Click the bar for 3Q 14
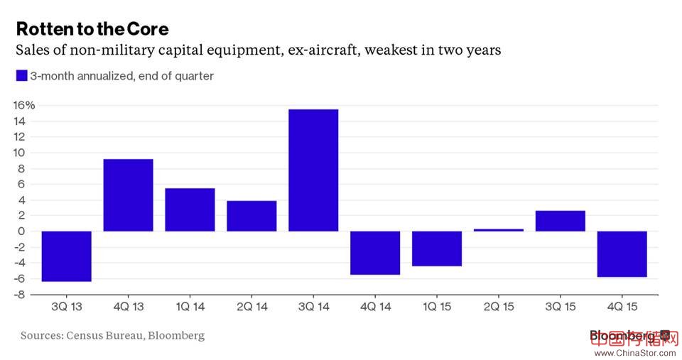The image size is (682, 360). pyautogui.click(x=313, y=170)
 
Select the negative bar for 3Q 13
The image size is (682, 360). pyautogui.click(x=67, y=256)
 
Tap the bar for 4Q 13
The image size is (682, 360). pyautogui.click(x=129, y=195)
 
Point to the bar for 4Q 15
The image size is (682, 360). pyautogui.click(x=622, y=253)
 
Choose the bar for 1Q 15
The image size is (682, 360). pyautogui.click(x=437, y=249)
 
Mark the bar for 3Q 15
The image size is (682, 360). pyautogui.click(x=561, y=221)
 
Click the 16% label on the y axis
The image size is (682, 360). pyautogui.click(x=24, y=106)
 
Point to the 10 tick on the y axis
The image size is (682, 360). pyautogui.click(x=26, y=153)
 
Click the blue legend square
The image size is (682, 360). pyautogui.click(x=21, y=75)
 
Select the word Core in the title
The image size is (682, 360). pyautogui.click(x=148, y=29)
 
